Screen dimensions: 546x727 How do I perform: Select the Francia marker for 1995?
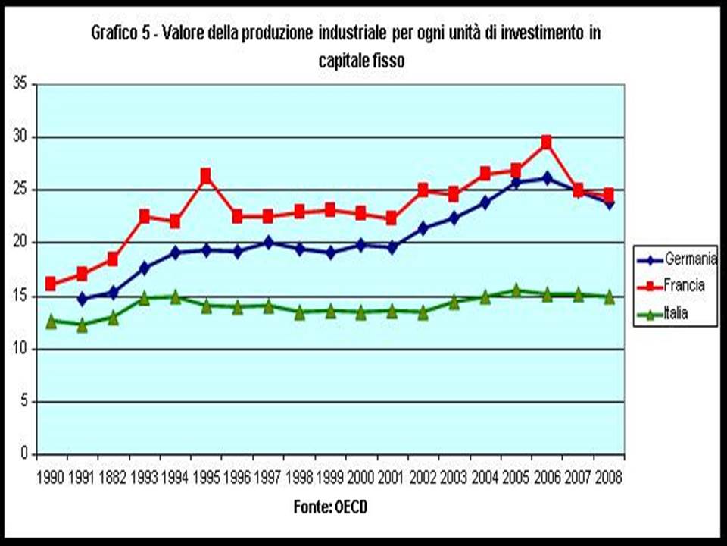point(205,177)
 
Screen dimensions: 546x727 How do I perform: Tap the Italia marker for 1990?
point(51,322)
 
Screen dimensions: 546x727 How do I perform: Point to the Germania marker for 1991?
point(82,300)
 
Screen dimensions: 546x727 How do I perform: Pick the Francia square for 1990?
point(51,284)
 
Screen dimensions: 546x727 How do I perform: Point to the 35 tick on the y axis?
point(20,84)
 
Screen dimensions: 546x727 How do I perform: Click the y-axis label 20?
point(20,243)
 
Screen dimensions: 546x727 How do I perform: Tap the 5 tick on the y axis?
point(23,401)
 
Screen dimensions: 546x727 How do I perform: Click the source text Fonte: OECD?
point(330,507)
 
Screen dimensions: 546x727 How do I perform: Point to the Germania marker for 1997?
point(267,243)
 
